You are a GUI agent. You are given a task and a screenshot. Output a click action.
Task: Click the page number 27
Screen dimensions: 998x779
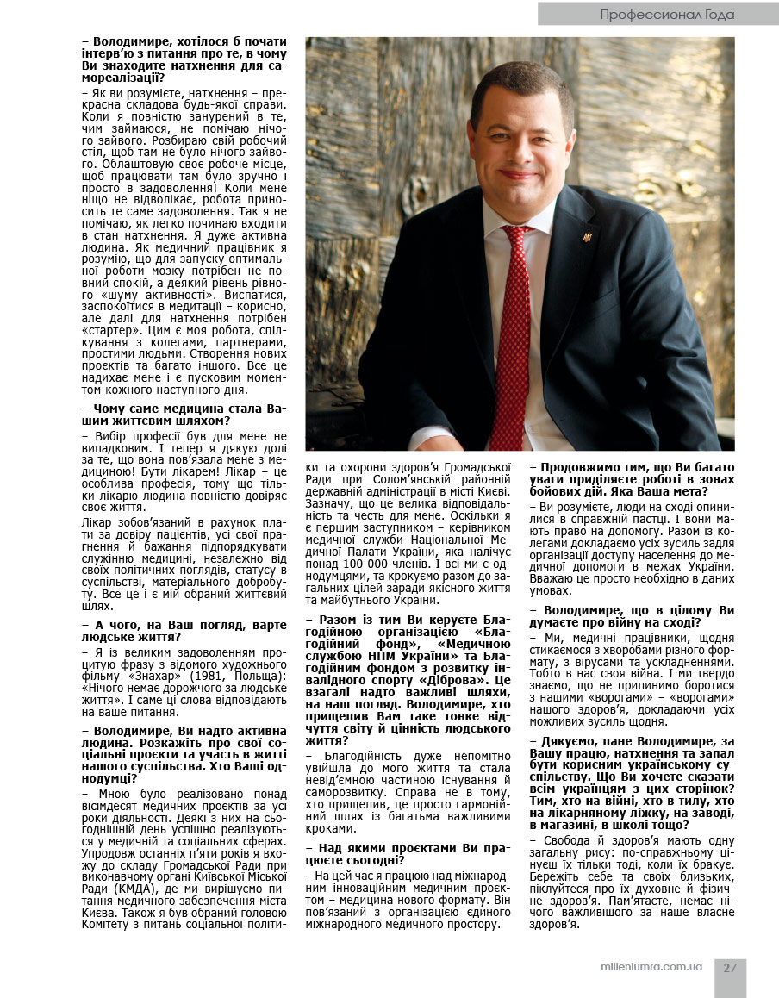(x=730, y=967)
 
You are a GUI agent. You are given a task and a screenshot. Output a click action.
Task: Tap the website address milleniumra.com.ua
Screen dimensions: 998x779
(x=651, y=967)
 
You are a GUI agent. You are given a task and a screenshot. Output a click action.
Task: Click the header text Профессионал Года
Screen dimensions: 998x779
(x=667, y=14)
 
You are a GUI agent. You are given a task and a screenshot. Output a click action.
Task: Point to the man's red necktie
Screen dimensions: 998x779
(x=515, y=310)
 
